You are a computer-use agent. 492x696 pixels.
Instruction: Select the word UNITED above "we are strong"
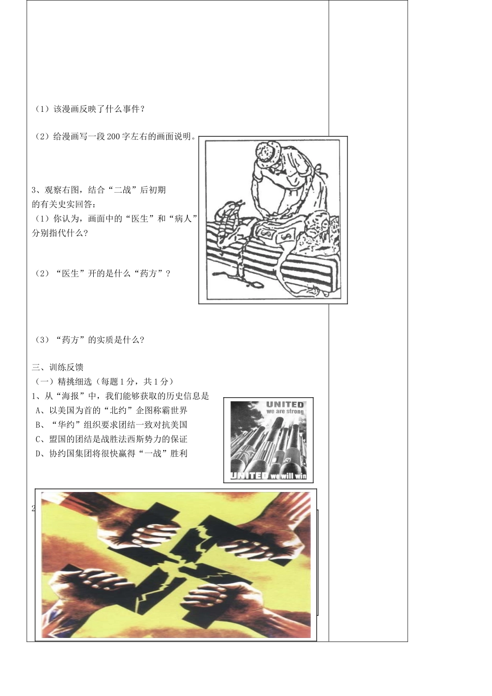(x=285, y=404)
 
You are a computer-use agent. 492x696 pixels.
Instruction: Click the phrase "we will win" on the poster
(x=288, y=476)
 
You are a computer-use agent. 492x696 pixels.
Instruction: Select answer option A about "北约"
(x=111, y=411)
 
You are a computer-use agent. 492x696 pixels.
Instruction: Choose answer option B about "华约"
(x=111, y=425)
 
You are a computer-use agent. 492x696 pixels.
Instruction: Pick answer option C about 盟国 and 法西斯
(x=111, y=439)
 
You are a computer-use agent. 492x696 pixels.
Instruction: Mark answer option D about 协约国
(x=111, y=453)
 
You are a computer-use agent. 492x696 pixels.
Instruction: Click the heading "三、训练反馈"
(x=58, y=367)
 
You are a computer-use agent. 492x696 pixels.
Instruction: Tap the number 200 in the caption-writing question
(x=113, y=136)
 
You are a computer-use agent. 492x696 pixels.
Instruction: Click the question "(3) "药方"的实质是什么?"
(x=89, y=340)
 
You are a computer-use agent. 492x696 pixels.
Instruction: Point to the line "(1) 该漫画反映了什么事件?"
(x=89, y=109)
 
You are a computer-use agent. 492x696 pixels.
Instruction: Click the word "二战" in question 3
(x=123, y=190)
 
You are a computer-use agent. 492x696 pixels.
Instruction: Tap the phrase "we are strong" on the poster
(x=285, y=411)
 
